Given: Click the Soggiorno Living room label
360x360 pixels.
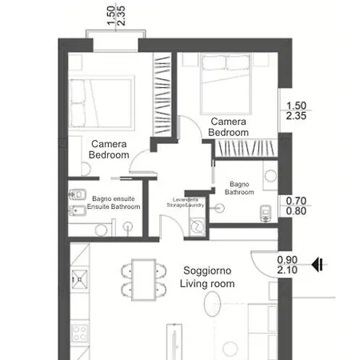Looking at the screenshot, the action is [x=207, y=277].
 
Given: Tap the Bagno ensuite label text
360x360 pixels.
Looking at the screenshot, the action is [x=114, y=198].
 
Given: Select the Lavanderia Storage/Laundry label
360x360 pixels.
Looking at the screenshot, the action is [x=186, y=202].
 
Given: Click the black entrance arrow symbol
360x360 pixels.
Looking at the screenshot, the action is [x=318, y=265].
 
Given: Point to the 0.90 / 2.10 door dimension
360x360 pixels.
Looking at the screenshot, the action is [x=287, y=265].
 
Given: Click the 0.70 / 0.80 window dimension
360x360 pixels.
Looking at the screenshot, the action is [x=296, y=206].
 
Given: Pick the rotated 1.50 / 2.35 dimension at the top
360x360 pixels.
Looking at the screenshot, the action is [x=116, y=16].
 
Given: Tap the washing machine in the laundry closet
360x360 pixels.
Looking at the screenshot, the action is [x=197, y=227].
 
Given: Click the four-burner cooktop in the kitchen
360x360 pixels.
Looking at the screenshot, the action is [x=79, y=333].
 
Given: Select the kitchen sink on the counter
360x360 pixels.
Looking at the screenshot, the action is [x=79, y=279].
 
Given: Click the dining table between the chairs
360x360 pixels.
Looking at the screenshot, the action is [x=144, y=279].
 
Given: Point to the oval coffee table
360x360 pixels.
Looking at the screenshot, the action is [x=213, y=304].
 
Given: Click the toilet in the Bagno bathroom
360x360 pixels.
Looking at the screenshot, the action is [x=266, y=214].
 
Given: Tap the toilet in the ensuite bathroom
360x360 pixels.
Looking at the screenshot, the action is [x=78, y=194].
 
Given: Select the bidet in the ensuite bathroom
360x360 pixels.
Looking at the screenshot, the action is [x=78, y=210].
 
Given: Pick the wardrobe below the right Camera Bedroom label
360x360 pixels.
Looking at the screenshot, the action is [x=246, y=148].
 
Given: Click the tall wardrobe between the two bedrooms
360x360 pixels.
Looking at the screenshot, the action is [x=162, y=94].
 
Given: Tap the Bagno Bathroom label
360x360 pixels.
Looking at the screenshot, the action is [x=239, y=188].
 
